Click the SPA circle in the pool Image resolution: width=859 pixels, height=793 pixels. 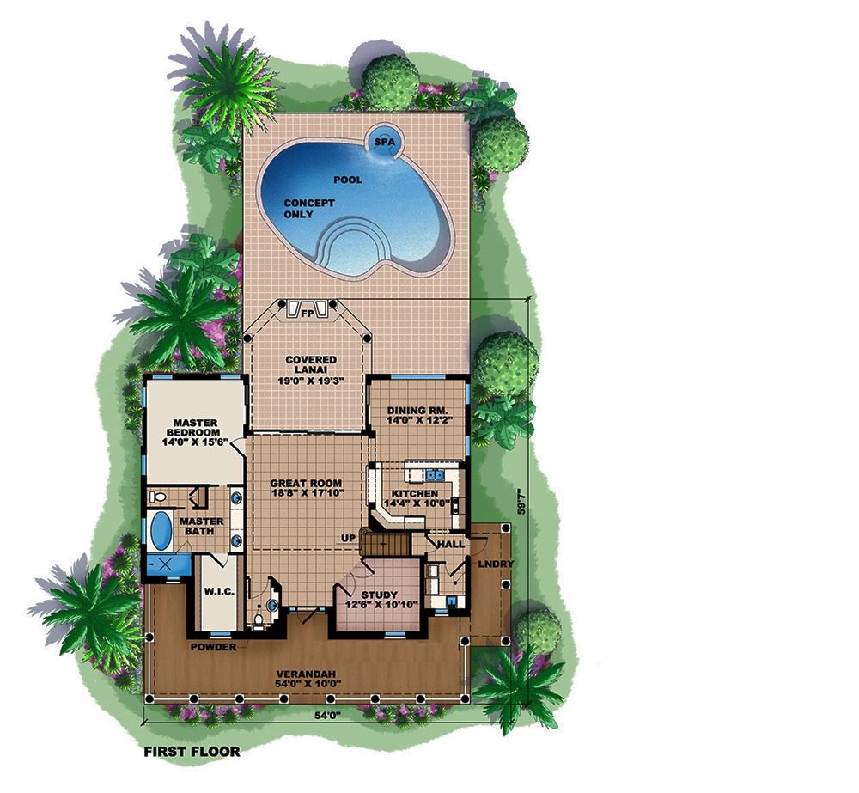tap(383, 143)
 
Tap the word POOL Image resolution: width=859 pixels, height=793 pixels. tap(348, 180)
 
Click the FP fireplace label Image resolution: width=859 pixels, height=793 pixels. tap(306, 314)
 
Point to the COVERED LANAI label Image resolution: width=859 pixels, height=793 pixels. tap(306, 369)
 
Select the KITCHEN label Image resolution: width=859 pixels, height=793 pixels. tap(416, 498)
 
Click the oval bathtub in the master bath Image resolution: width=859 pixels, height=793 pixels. tap(161, 531)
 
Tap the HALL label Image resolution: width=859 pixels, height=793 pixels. tap(451, 544)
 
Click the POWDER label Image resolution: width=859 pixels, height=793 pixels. tap(212, 647)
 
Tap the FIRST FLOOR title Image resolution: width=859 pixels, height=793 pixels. tap(190, 750)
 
